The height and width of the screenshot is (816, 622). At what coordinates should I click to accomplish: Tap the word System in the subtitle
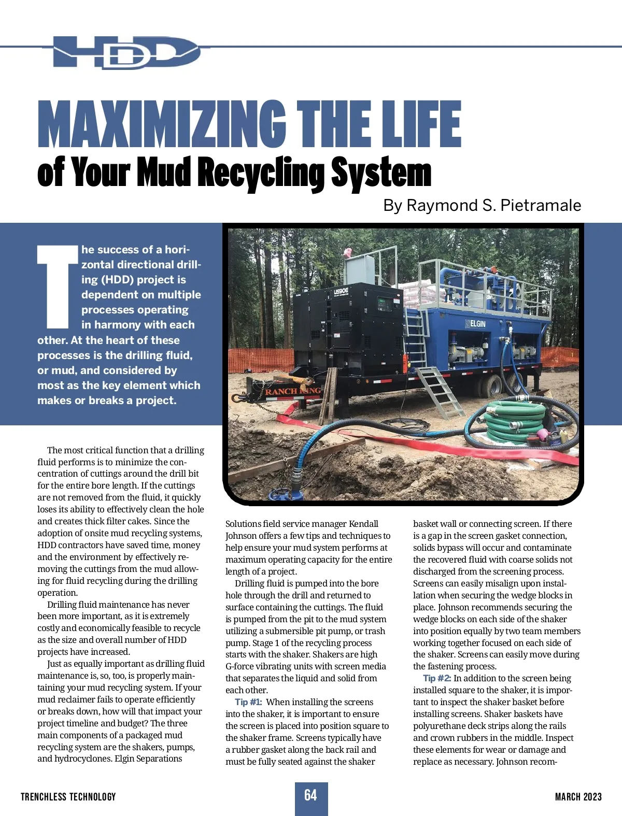(381, 173)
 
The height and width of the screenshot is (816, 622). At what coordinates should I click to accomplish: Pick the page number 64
(311, 795)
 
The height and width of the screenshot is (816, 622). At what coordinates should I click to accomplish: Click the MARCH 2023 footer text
(578, 797)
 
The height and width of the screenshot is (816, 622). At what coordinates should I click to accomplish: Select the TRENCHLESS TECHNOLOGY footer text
(68, 797)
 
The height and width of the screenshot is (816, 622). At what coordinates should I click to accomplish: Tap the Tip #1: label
(248, 702)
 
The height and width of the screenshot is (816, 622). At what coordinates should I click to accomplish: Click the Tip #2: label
(437, 678)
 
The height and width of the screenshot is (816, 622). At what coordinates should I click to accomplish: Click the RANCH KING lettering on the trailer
(292, 391)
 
